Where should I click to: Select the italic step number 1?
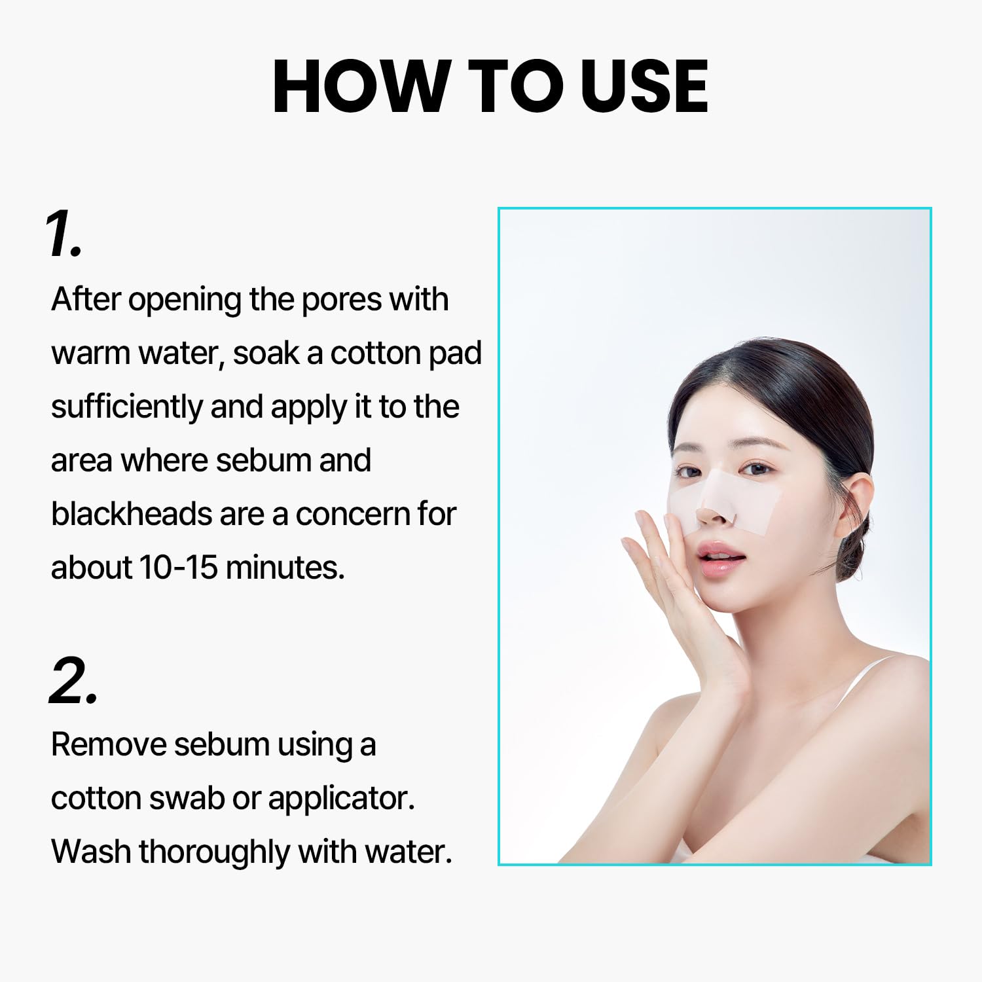pyautogui.click(x=64, y=234)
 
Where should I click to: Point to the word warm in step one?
pyautogui.click(x=90, y=354)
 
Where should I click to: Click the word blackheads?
pyautogui.click(x=131, y=514)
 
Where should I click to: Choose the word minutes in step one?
pyautogui.click(x=284, y=568)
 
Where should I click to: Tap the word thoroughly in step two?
pyautogui.click(x=215, y=853)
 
